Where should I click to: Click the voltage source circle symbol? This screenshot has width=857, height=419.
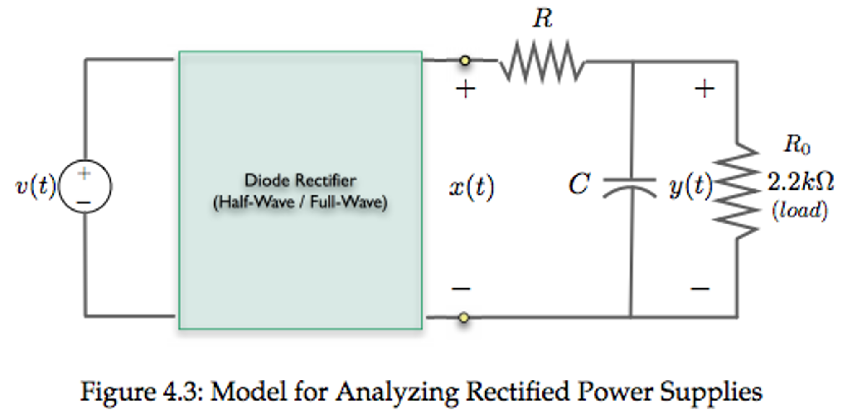85,187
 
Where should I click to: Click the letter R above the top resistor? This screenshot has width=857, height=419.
543,19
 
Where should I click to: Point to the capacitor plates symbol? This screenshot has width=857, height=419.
630,187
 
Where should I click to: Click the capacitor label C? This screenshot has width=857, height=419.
579,184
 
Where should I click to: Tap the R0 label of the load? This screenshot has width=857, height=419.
797,144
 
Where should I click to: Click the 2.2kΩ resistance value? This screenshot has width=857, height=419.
800,182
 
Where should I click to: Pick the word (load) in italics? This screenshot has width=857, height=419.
800,210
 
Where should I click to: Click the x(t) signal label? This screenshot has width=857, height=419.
472,187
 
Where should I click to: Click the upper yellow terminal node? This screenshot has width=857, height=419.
465,61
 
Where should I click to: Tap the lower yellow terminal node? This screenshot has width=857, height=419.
464,318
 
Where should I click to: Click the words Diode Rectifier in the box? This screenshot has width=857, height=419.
300,180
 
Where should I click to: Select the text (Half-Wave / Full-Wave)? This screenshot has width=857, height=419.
300,203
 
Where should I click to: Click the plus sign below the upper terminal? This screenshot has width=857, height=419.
465,89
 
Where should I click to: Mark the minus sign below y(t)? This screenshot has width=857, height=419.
700,288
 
